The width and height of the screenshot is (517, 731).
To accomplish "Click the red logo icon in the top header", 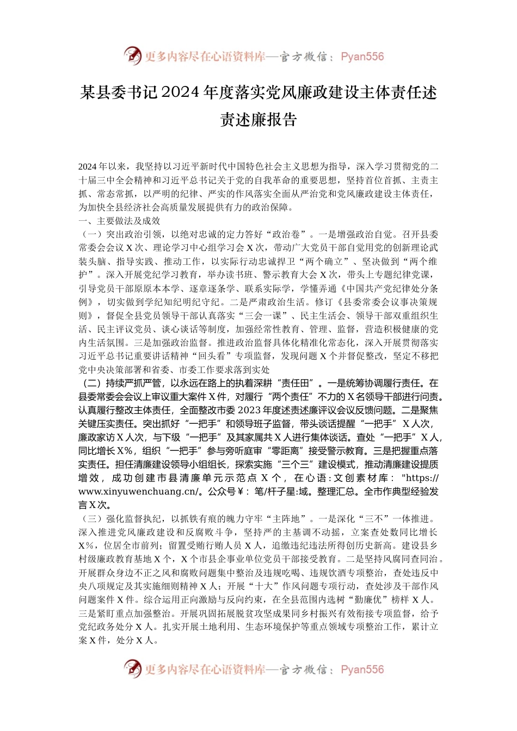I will coord(132,56).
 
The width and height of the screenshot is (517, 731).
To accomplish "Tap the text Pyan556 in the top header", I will coord(362,57).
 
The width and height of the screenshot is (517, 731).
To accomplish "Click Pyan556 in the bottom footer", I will coord(362,670).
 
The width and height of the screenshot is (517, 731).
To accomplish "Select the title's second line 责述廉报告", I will coord(258,120).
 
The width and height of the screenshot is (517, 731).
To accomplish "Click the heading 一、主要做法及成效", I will coord(120,221).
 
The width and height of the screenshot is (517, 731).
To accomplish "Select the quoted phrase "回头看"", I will coord(212,356).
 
